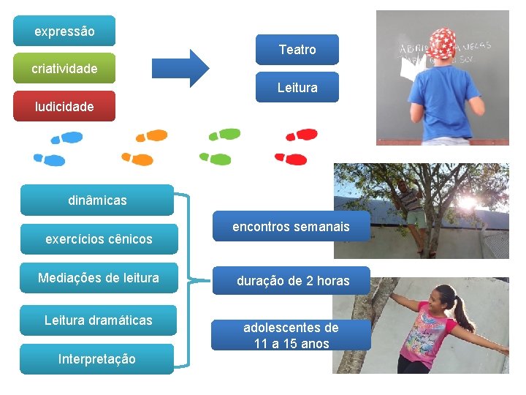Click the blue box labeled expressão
point(64,31)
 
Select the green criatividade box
point(64,69)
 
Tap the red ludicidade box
point(64,106)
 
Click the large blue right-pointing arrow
point(180,68)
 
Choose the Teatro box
point(297,50)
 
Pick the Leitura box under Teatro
point(297,87)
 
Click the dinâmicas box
point(96,200)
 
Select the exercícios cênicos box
point(99,238)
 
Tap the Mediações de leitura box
point(99,278)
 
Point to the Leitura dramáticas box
point(99,320)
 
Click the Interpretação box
point(96,359)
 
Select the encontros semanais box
point(291,227)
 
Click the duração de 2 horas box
point(292,281)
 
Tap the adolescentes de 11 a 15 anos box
point(291,335)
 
